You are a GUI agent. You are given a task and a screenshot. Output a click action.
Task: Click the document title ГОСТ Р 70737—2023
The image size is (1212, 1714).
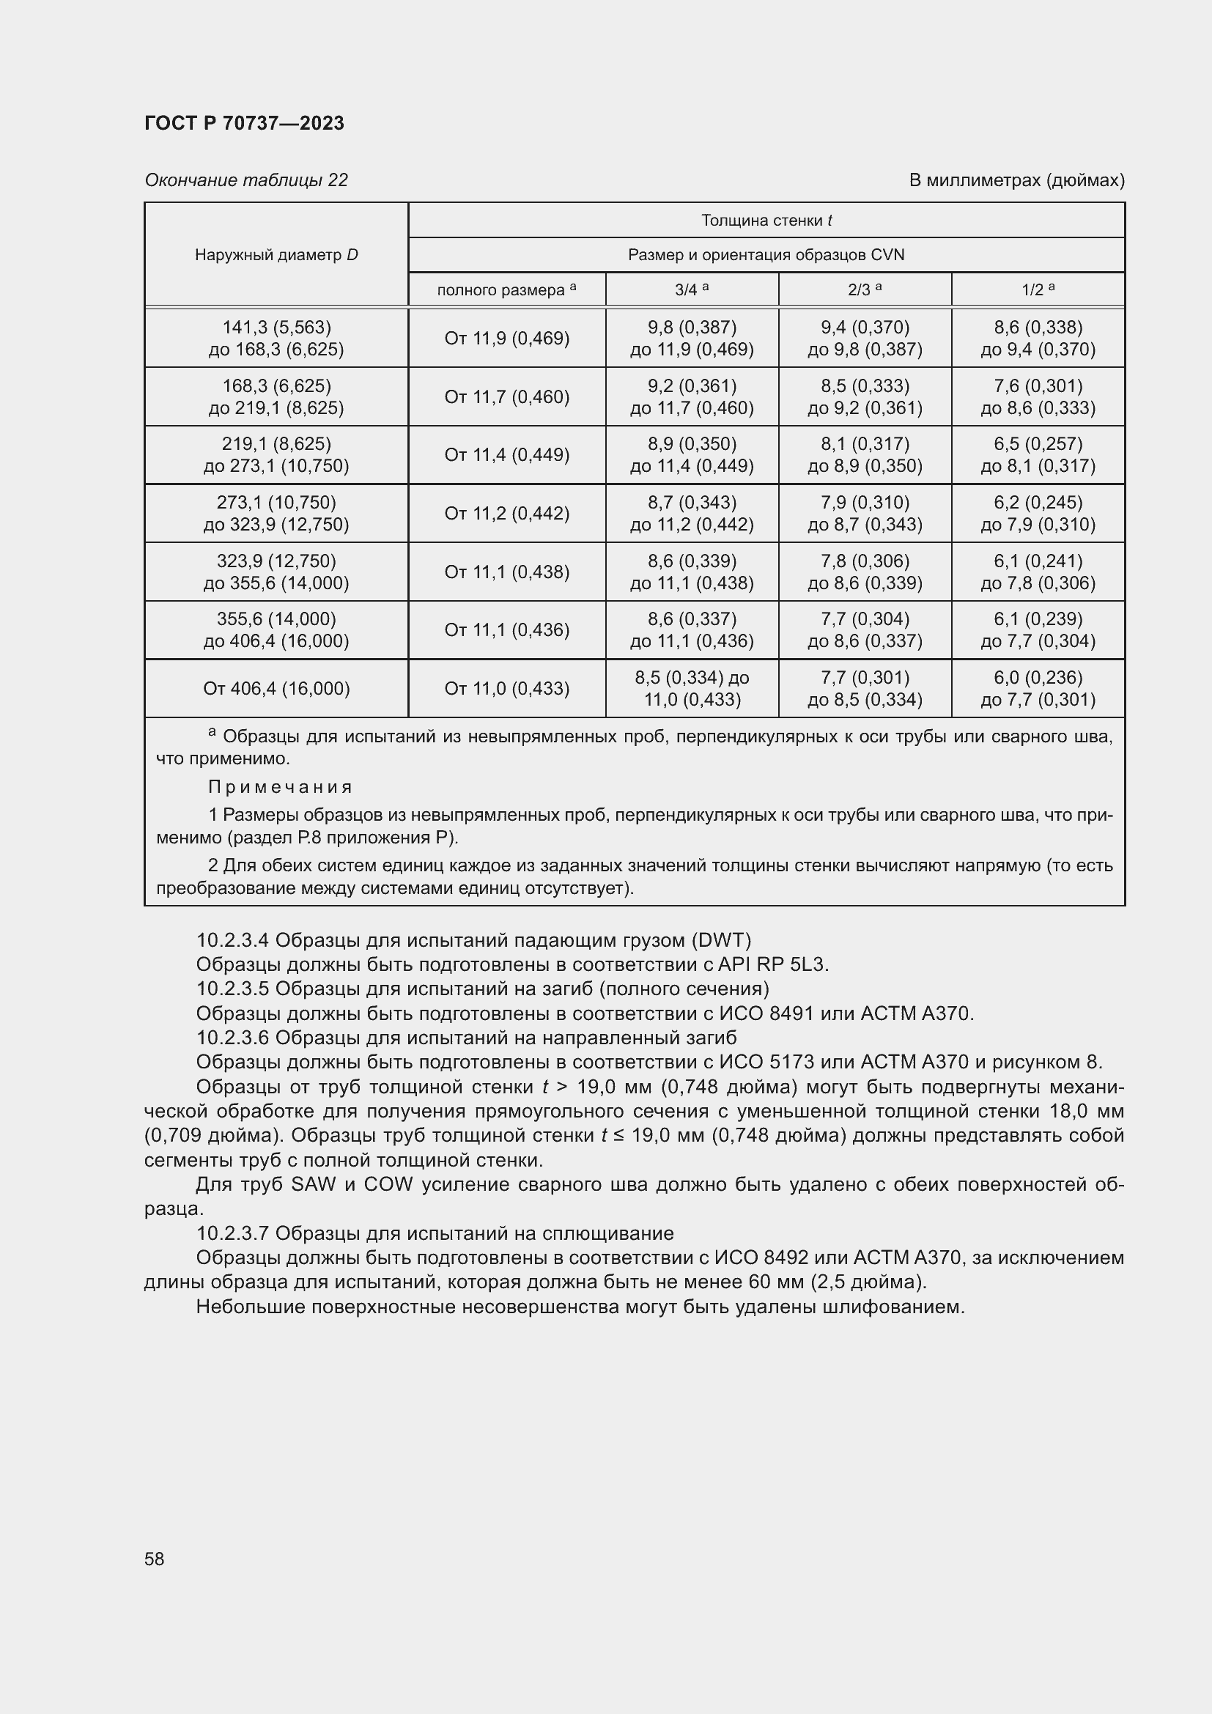click(x=244, y=123)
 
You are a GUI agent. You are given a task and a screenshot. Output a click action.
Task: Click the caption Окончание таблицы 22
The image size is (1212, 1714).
click(x=245, y=180)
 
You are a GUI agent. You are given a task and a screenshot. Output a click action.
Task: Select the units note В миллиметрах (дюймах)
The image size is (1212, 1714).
click(x=1016, y=180)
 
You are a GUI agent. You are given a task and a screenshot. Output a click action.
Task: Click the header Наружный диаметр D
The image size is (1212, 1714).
click(x=276, y=254)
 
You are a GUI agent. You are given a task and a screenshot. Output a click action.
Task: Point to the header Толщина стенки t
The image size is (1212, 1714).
click(x=766, y=221)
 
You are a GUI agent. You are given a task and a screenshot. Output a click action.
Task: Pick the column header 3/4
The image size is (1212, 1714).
click(x=691, y=289)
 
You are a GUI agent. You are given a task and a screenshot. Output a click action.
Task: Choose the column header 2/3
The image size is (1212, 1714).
click(x=864, y=289)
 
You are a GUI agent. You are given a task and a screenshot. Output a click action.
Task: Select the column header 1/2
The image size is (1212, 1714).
click(x=1038, y=289)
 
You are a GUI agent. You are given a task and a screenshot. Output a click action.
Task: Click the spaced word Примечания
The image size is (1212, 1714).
click(x=280, y=787)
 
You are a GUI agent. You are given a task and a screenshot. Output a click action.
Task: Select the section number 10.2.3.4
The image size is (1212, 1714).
click(x=232, y=940)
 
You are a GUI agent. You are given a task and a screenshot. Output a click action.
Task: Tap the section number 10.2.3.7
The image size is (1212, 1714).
click(x=232, y=1233)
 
